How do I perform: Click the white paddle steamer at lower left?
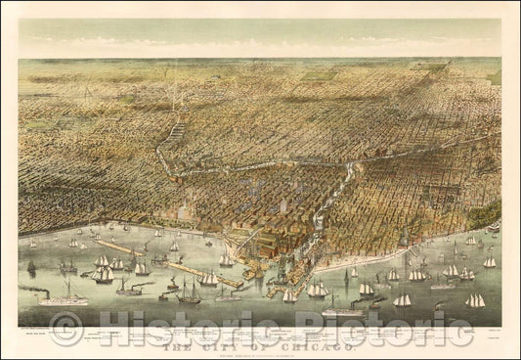pos(63,299)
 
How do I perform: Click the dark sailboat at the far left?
pos(30,266)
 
